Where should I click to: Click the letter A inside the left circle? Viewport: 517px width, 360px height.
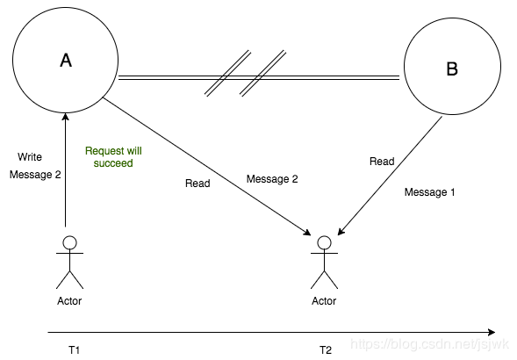click(x=66, y=61)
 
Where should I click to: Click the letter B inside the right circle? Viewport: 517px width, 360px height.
click(x=452, y=68)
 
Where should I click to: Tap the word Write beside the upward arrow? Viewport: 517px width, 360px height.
click(x=30, y=157)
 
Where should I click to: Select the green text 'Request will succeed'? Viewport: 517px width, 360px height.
click(x=113, y=157)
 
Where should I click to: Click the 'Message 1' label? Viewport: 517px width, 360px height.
click(x=429, y=192)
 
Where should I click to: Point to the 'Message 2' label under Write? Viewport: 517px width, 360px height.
click(x=35, y=174)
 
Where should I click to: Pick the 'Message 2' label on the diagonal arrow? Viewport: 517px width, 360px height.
click(x=272, y=179)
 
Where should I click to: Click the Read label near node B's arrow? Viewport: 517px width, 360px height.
click(x=382, y=162)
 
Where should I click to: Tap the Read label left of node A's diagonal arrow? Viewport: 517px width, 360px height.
click(x=197, y=184)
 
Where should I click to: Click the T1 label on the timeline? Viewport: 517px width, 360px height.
click(x=75, y=349)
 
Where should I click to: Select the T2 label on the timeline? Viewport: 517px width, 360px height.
click(x=326, y=349)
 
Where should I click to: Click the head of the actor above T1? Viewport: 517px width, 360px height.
click(x=70, y=242)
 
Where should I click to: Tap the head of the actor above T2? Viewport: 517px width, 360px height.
click(x=325, y=242)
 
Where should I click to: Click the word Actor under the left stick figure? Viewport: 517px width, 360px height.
click(x=69, y=301)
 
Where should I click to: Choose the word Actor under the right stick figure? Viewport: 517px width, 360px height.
click(x=324, y=301)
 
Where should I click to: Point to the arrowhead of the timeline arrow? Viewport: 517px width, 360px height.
click(x=492, y=332)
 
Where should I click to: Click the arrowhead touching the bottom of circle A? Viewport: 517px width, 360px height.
click(x=66, y=117)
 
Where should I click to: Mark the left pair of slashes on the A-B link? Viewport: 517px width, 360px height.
click(x=227, y=74)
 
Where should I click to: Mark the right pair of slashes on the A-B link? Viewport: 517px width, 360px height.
click(x=262, y=74)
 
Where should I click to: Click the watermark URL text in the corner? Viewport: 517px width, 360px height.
click(x=429, y=344)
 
